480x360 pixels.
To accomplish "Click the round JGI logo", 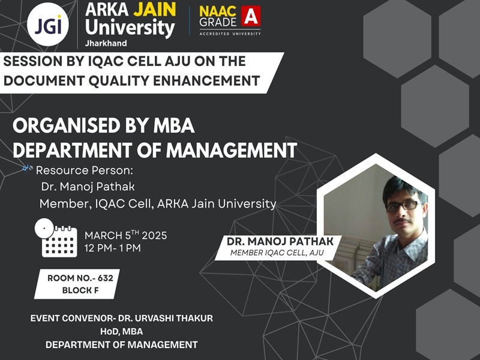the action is [x=48, y=25].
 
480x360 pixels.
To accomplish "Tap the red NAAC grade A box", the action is [x=251, y=16].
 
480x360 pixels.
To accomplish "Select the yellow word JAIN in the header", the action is [x=155, y=9].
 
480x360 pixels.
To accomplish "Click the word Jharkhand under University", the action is [x=106, y=43].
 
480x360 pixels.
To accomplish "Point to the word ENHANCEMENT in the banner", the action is [x=206, y=81].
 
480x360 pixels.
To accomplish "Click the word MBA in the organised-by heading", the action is [x=174, y=125].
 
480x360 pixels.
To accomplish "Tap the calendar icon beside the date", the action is [x=56, y=238].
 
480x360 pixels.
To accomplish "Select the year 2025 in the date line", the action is [x=154, y=235].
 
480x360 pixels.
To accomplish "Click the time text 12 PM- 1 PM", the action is [x=113, y=248].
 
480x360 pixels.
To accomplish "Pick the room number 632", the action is [x=106, y=278].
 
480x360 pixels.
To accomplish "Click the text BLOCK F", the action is [x=80, y=290].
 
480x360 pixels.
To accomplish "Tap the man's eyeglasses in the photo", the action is [x=403, y=205].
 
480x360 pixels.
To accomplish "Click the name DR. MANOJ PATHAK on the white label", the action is [x=280, y=241].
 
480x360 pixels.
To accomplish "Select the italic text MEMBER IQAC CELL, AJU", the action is [x=277, y=253].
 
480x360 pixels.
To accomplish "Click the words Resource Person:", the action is [x=85, y=170].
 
